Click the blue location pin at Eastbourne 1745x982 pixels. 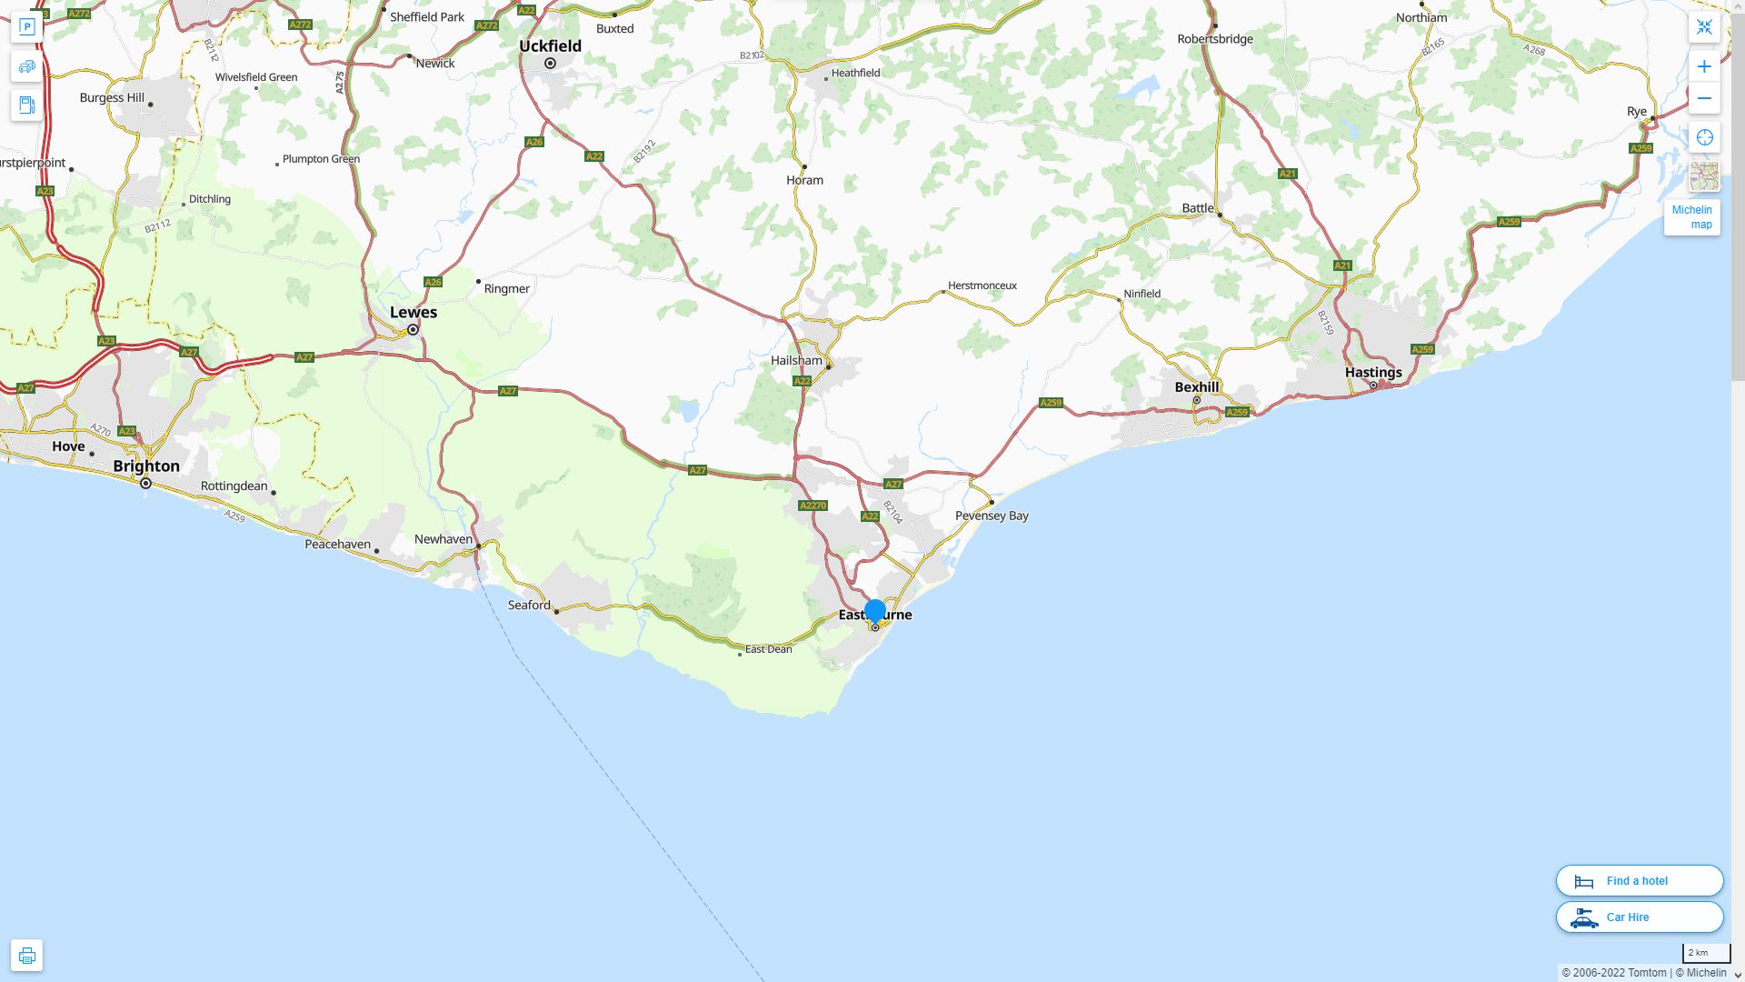coord(875,612)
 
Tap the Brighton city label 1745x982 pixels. coord(146,466)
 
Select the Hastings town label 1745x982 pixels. coord(1373,372)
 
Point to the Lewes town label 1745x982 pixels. coord(414,312)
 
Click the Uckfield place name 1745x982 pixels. coord(550,45)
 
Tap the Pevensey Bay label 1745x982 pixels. coord(992,516)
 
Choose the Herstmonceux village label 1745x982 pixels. coord(982,286)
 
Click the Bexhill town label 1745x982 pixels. coord(1197,386)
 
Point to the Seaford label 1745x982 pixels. coord(529,605)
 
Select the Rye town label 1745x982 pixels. coord(1636,111)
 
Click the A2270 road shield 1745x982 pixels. coord(813,506)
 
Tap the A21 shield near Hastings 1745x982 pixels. coord(1342,266)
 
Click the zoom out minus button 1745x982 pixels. coord(1704,98)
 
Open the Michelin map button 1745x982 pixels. coord(1691,217)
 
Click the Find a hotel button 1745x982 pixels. coord(1639,880)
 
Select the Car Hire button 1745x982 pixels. coord(1639,917)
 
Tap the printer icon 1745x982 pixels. coord(26,956)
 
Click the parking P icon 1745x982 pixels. coord(26,27)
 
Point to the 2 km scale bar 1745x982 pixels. coord(1706,953)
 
